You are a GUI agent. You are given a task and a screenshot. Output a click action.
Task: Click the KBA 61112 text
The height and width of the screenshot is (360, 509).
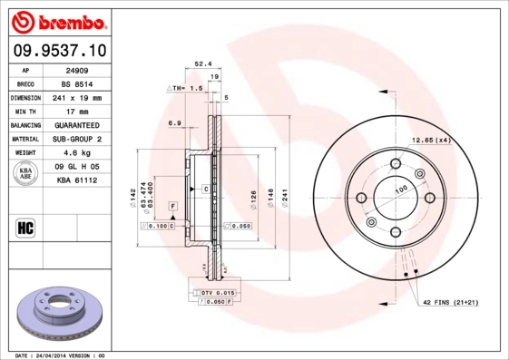tap(77, 181)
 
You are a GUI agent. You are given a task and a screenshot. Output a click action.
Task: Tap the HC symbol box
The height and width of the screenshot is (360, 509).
tap(24, 226)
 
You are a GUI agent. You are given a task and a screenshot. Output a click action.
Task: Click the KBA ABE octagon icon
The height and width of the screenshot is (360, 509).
tap(26, 174)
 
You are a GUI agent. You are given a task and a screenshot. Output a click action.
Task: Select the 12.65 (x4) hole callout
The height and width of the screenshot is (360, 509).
tap(432, 140)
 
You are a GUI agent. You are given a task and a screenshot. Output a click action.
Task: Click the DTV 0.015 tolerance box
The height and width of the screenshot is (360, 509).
tap(217, 294)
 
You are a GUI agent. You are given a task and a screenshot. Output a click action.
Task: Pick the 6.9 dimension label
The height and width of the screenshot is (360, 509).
tap(174, 122)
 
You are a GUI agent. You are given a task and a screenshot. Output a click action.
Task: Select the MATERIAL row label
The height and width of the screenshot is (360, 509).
tap(25, 139)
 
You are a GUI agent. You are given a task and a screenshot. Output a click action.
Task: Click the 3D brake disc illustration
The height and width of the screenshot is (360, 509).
tap(61, 312)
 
